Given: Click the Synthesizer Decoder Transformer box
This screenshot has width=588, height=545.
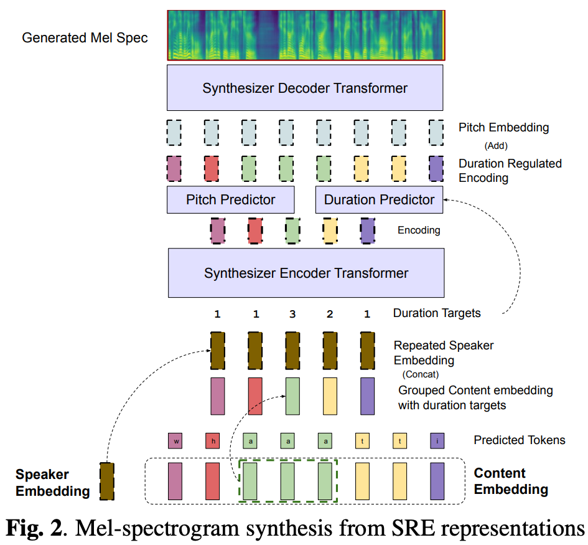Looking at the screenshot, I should click(305, 88).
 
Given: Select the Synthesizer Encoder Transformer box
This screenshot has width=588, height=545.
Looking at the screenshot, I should click(306, 273).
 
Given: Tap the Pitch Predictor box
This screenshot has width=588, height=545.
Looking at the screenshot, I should click(230, 199).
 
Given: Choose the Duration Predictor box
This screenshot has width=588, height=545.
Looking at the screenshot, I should click(379, 199).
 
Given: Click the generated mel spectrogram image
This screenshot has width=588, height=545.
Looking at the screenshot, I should click(305, 35).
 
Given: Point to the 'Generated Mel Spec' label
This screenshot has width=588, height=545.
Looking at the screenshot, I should click(85, 37).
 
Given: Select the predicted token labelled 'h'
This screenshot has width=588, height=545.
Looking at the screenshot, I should click(212, 441).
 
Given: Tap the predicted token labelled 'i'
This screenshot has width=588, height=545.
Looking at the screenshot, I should click(437, 441).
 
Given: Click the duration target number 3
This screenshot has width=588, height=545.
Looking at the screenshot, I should click(292, 314).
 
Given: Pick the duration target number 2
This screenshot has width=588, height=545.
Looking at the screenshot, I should click(330, 314).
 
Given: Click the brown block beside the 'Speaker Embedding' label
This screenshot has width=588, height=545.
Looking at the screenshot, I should click(107, 481).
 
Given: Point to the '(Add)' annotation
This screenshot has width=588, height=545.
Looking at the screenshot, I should click(497, 146).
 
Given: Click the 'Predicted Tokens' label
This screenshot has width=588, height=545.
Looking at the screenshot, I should click(519, 440).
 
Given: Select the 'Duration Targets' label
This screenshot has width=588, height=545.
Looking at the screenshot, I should click(436, 313).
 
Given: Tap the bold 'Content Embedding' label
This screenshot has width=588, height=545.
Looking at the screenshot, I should click(510, 481).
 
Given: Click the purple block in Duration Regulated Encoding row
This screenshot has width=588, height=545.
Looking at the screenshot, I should click(437, 168).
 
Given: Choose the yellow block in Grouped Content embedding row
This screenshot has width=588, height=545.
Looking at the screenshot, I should click(330, 396).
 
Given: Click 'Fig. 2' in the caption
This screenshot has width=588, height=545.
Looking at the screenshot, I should click(34, 528).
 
